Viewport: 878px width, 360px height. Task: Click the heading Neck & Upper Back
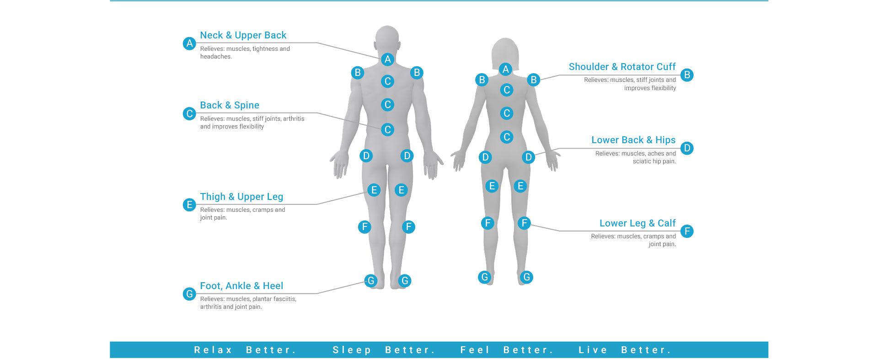243,35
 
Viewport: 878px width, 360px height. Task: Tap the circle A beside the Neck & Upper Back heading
189,43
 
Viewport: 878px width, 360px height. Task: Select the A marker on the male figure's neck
387,59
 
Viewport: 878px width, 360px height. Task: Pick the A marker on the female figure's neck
505,69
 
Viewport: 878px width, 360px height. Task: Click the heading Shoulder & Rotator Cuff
622,67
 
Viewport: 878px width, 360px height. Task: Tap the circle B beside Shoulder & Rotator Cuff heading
687,75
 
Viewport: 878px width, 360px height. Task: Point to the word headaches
216,57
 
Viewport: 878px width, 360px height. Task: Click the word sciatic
642,161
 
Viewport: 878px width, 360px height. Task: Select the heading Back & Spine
230,105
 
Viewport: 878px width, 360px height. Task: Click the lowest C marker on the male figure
387,129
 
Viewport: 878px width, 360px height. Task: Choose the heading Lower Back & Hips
633,140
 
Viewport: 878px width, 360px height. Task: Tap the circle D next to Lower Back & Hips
687,148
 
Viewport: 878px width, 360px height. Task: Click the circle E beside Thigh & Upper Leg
189,204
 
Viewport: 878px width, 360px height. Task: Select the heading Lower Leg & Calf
637,223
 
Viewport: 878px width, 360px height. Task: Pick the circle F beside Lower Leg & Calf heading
687,231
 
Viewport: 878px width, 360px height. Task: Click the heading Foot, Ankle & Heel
241,286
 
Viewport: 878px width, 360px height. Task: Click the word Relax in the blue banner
213,350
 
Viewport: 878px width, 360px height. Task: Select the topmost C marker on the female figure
506,90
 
